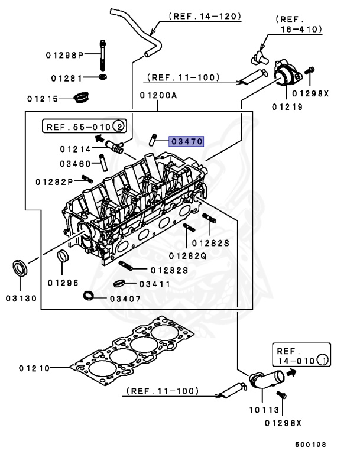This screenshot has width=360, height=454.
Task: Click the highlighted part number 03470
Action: tap(186, 141)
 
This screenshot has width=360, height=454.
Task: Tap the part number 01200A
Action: tap(158, 96)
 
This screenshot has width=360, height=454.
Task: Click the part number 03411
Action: tap(155, 284)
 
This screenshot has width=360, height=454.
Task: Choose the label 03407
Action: tap(125, 299)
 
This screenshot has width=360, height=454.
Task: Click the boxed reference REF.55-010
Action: tap(84, 127)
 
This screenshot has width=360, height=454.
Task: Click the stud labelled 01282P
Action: tap(88, 180)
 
